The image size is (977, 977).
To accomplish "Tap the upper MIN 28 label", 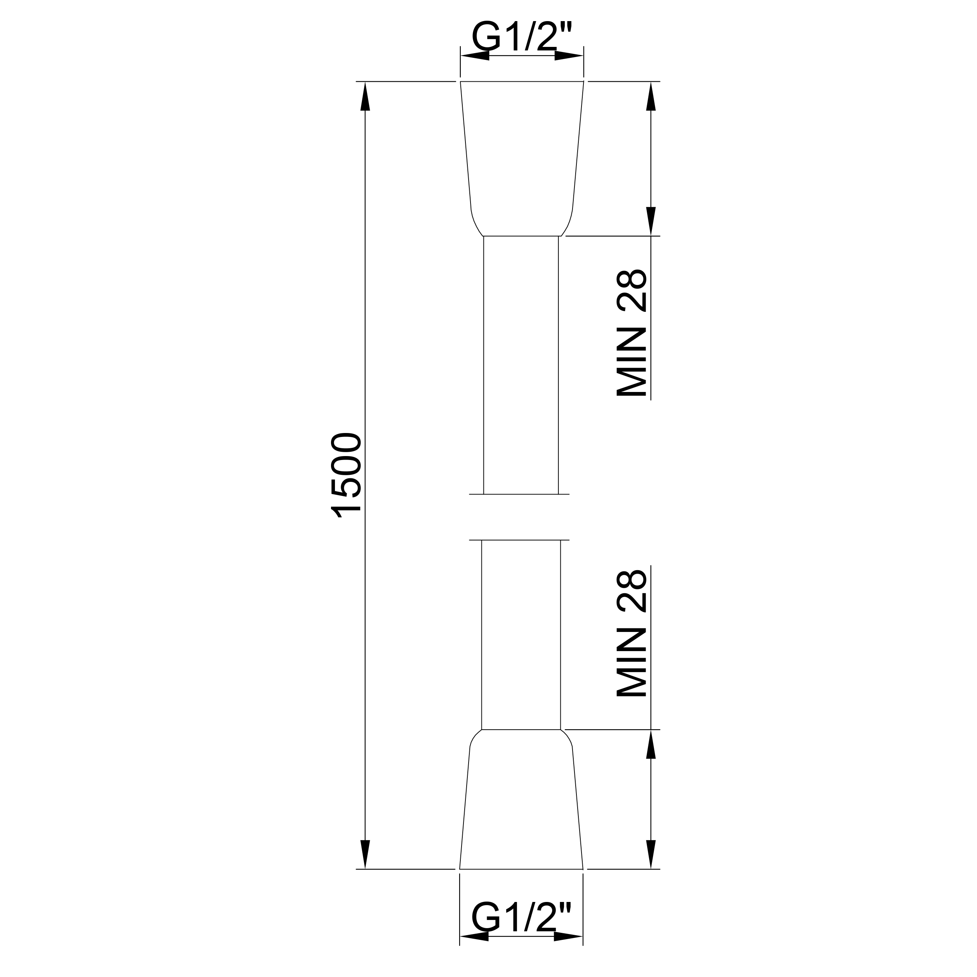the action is click(632, 333).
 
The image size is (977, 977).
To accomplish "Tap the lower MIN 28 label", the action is click(632, 635).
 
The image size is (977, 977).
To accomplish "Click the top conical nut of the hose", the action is click(522, 158).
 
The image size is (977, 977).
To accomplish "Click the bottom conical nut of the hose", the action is click(521, 800).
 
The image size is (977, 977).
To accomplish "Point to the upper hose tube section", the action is click(521, 365).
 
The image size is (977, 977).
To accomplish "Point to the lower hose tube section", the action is click(521, 635).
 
